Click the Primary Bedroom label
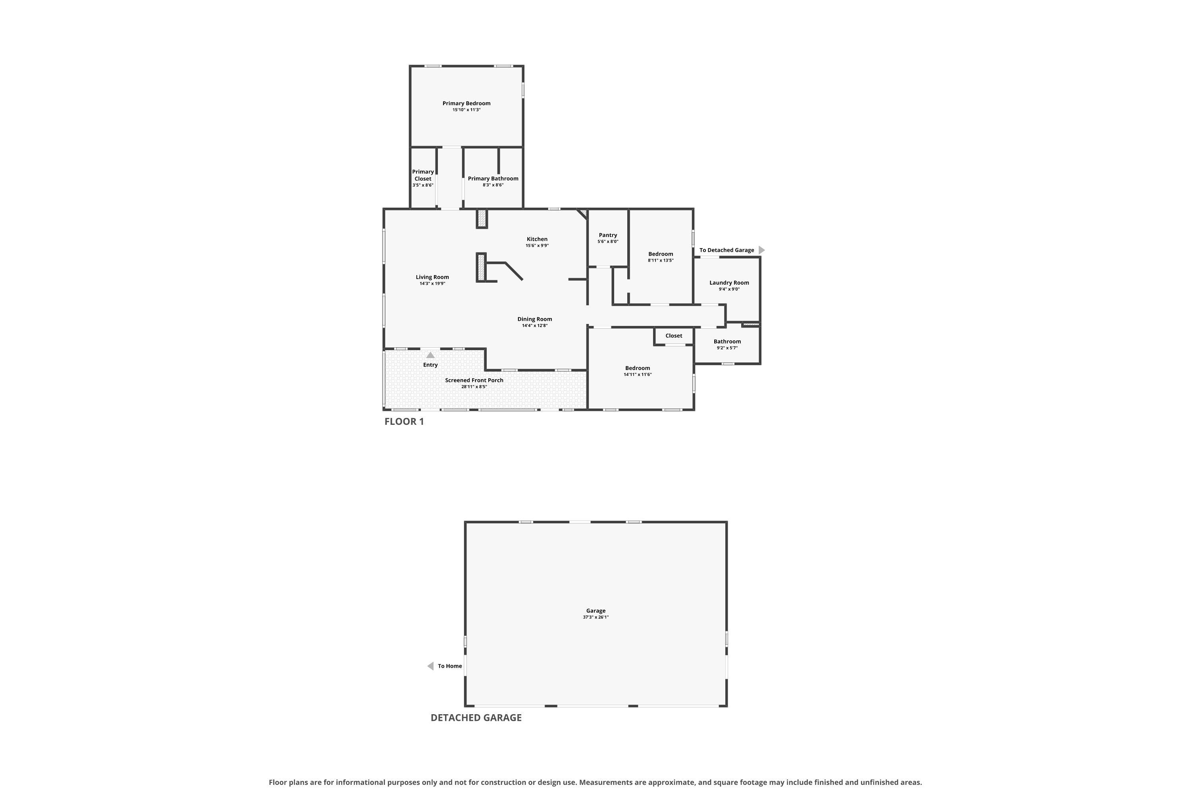click(466, 103)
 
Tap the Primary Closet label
click(423, 175)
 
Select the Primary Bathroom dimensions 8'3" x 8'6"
click(493, 185)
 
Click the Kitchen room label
click(537, 239)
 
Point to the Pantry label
click(608, 235)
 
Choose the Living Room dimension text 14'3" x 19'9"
click(432, 283)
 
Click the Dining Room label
click(535, 319)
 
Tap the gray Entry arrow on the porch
click(430, 355)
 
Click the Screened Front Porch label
click(474, 380)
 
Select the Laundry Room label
click(729, 283)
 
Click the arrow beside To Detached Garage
click(761, 250)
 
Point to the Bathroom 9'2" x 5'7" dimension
click(727, 348)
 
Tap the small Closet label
click(673, 336)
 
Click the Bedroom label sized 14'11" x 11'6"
click(638, 368)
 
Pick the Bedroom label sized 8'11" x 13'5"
click(661, 254)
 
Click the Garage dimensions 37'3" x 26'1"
click(595, 617)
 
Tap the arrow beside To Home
click(430, 666)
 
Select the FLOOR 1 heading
click(404, 421)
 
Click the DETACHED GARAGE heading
click(476, 717)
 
